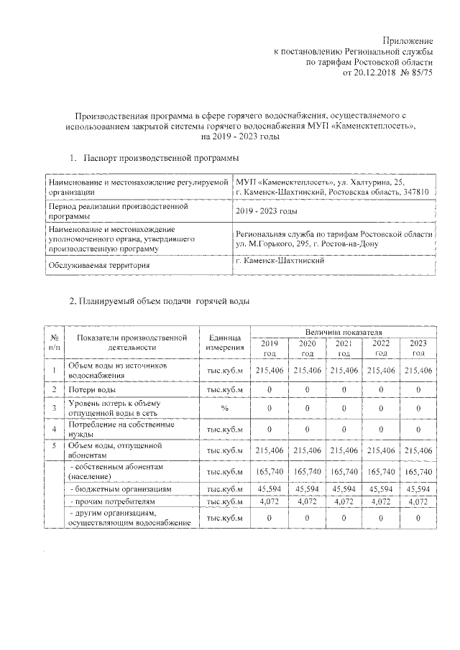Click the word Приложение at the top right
[408, 42]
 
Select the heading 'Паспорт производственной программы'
[160, 157]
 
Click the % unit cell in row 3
[225, 408]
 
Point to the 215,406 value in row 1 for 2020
[306, 371]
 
